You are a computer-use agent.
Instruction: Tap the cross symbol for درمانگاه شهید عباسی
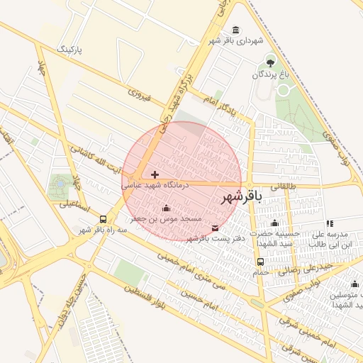(155, 174)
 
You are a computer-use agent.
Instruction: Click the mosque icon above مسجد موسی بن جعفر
(167, 208)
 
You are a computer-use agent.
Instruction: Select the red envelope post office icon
(215, 228)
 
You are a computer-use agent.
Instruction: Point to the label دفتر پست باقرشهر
(216, 238)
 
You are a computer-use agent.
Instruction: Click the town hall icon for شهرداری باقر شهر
(235, 30)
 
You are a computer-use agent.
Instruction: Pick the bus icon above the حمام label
(260, 262)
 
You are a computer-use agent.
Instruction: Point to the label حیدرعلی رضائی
(304, 268)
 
